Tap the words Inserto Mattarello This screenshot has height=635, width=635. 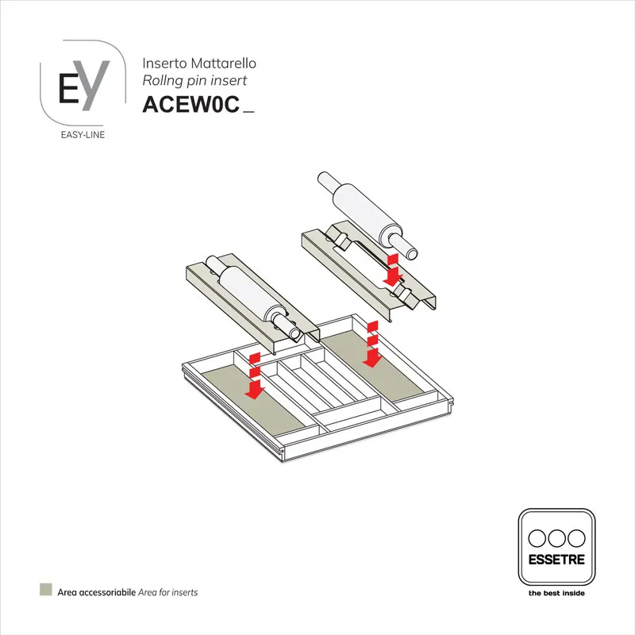click(199, 63)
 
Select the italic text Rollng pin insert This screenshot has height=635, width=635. click(194, 80)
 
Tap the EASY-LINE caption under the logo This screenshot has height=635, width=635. click(83, 134)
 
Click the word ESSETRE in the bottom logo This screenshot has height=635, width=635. click(556, 559)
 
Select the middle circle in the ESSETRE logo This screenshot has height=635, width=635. click(556, 537)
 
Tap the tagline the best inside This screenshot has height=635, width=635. click(556, 592)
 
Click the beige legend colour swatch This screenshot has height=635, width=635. click(46, 591)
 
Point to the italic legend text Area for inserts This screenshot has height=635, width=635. click(168, 592)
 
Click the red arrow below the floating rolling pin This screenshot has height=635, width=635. click(391, 271)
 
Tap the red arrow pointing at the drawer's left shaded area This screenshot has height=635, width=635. click(254, 379)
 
